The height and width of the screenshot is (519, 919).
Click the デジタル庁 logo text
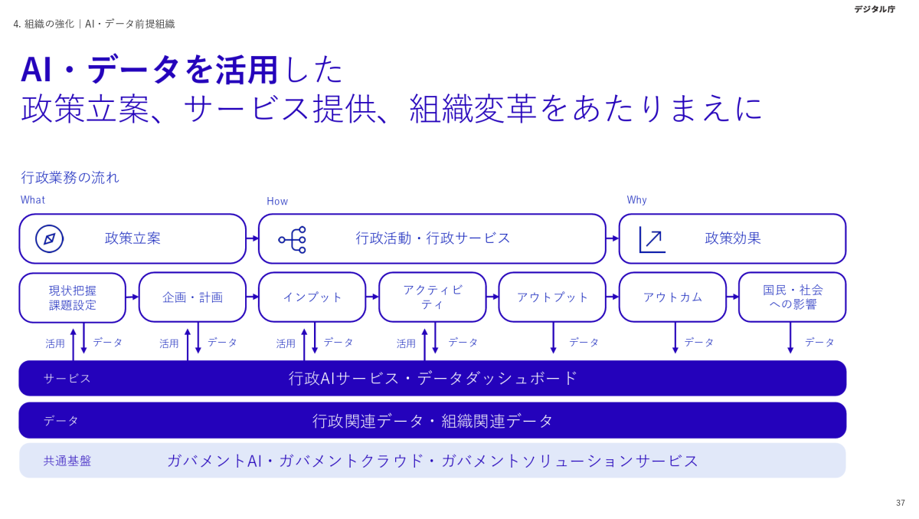click(874, 9)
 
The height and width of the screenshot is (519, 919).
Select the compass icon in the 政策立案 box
click(49, 238)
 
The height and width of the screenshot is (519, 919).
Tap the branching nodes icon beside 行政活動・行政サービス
click(293, 239)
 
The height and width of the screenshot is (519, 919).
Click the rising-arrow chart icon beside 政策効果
click(652, 239)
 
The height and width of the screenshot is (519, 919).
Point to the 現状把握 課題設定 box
click(73, 297)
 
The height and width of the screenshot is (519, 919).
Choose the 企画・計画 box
click(192, 297)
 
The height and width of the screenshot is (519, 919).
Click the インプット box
click(312, 297)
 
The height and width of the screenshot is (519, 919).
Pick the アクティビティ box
click(432, 297)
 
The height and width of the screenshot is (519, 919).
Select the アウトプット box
click(552, 297)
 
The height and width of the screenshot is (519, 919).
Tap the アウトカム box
click(672, 297)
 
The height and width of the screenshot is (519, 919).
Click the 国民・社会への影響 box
click(792, 297)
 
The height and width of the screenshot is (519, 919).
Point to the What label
click(33, 200)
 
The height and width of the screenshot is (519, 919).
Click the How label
click(277, 202)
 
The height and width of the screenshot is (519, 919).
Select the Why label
click(636, 200)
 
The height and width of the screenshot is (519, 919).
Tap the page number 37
click(901, 503)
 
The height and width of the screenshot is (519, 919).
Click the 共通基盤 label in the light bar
click(67, 462)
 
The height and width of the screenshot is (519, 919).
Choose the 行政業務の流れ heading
click(70, 178)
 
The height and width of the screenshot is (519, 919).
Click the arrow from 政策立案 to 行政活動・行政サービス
click(252, 238)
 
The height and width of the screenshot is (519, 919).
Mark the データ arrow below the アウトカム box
click(675, 338)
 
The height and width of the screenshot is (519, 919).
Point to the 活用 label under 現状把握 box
click(55, 343)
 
